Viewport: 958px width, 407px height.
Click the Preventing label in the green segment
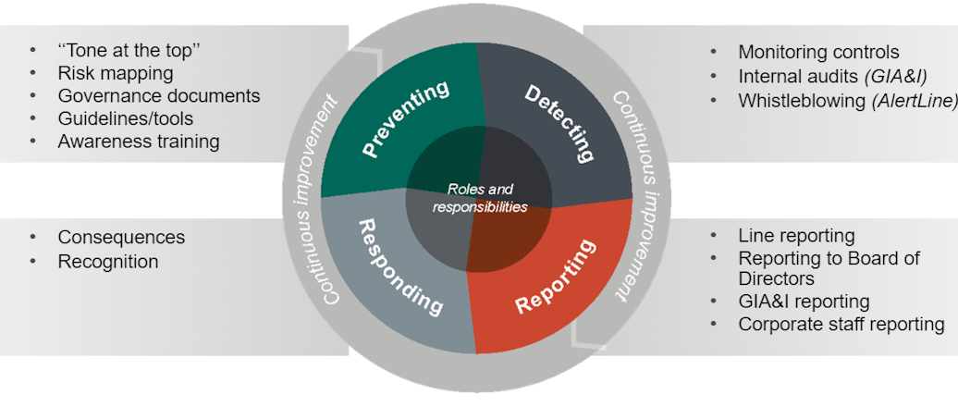pos(406,119)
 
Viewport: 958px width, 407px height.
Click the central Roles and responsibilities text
pos(480,198)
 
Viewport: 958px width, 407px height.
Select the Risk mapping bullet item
pos(115,73)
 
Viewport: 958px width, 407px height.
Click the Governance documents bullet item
pos(158,96)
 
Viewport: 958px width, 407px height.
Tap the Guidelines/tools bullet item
pos(125,118)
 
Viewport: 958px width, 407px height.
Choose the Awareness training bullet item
pos(138,142)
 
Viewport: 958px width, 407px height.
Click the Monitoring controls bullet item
pos(817,53)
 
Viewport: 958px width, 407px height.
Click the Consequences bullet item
pos(121,238)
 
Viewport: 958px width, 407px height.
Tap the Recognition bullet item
pos(107,262)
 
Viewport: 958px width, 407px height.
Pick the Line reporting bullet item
pos(795,236)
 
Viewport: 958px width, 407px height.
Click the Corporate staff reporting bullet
pos(841,325)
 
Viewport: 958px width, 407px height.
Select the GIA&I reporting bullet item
pos(803,302)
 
